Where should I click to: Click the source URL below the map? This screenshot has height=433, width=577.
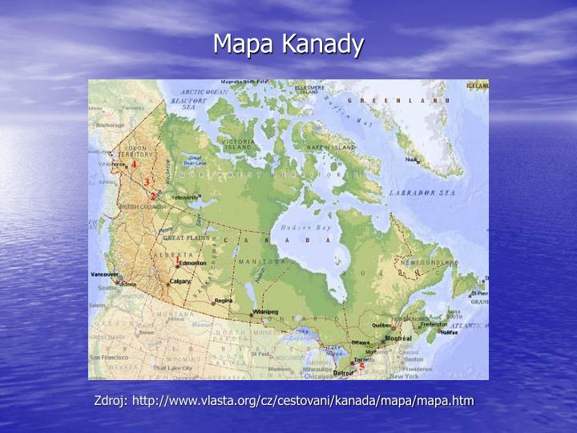tap(284, 400)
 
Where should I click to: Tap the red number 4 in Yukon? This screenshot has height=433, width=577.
tap(135, 164)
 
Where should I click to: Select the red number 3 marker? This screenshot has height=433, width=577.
tap(147, 183)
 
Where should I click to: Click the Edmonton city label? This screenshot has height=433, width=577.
tap(193, 263)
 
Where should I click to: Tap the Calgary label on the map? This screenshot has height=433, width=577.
tap(180, 281)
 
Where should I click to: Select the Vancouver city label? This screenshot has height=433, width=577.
tap(105, 274)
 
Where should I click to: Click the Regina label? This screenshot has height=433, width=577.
tap(222, 301)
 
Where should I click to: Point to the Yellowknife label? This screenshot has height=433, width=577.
tap(184, 197)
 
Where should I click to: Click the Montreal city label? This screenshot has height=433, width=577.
tap(397, 338)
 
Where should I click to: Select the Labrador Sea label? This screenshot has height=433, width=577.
tap(422, 193)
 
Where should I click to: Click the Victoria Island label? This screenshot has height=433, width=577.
tap(239, 144)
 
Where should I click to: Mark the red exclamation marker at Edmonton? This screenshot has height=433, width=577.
tap(177, 261)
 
